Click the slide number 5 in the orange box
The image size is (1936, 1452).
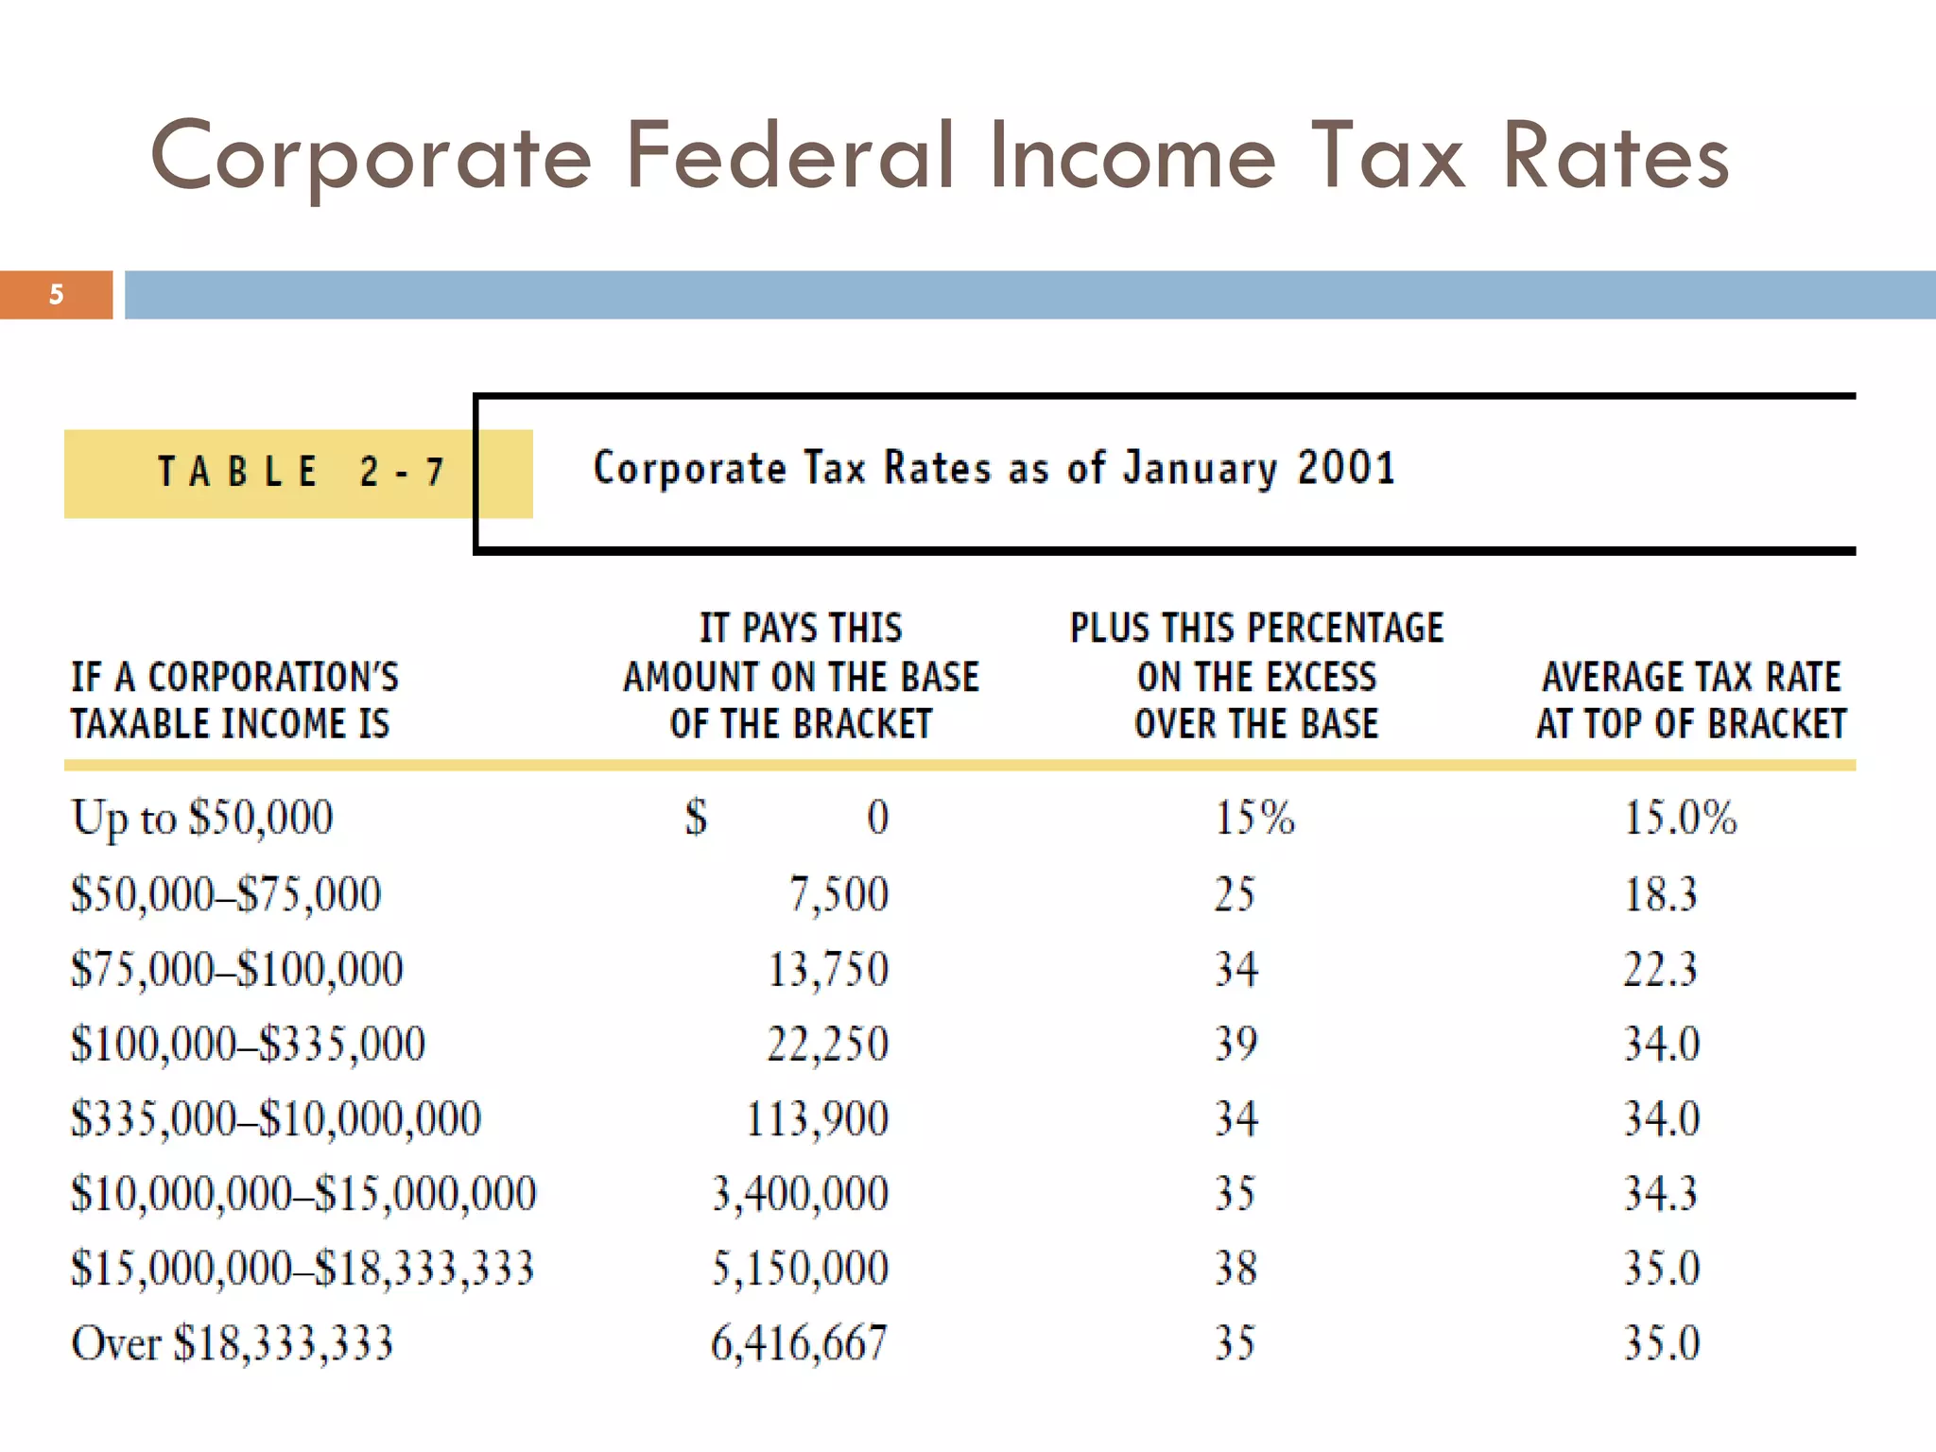[x=57, y=295]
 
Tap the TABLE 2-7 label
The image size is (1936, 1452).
[x=300, y=472]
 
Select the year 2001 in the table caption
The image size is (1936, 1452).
[x=1346, y=468]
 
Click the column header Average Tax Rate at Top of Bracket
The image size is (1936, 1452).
[x=1691, y=700]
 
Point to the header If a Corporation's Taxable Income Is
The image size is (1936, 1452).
[x=234, y=700]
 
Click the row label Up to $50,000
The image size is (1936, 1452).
[x=202, y=818]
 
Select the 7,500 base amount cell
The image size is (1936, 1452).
[x=838, y=894]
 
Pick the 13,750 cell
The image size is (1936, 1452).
[x=827, y=970]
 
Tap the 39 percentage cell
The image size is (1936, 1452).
[x=1236, y=1045]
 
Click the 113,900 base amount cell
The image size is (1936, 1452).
[x=817, y=1119]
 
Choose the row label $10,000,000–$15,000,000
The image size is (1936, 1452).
[x=303, y=1194]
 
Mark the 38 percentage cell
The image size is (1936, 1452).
[x=1236, y=1269]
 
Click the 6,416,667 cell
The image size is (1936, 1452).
[x=799, y=1343]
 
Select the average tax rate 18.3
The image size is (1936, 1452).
[x=1660, y=894]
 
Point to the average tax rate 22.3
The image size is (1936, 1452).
[x=1660, y=970]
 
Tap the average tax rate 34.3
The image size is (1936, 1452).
[x=1660, y=1194]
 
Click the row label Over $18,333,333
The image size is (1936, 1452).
[x=232, y=1343]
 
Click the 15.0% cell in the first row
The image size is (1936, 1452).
[x=1680, y=818]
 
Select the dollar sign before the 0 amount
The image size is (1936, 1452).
[x=696, y=818]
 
